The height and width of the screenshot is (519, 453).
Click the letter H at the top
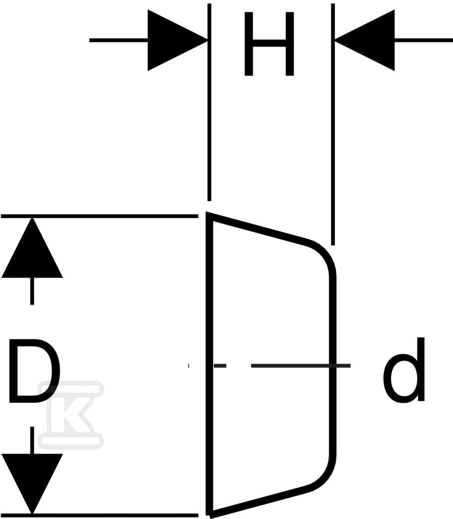[269, 44]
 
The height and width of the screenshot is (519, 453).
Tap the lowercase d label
[404, 369]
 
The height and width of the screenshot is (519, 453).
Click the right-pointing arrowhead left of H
[178, 41]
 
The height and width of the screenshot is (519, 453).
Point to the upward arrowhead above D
[32, 247]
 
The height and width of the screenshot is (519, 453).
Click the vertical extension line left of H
[209, 102]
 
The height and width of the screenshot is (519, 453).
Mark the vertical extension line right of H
[333, 124]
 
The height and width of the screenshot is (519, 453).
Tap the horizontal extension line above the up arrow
[99, 216]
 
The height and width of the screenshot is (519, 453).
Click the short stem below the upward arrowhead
[32, 291]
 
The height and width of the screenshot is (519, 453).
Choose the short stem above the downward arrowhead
[32, 440]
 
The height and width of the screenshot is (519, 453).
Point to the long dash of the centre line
[301, 366]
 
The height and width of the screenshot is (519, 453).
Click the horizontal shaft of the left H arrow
[119, 41]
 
